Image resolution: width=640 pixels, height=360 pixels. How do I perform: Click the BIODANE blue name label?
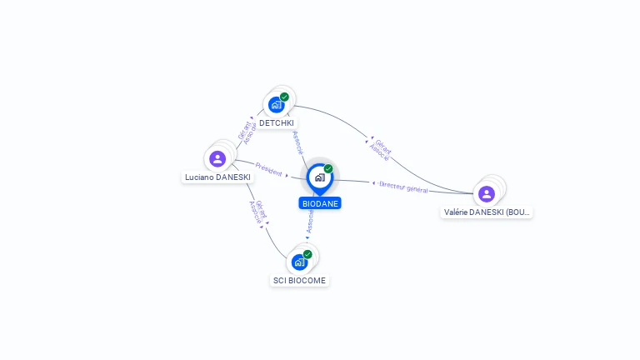[320, 203]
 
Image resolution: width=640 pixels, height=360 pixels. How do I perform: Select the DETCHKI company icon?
[276, 105]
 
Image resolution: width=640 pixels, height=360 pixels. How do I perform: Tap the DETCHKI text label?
[276, 123]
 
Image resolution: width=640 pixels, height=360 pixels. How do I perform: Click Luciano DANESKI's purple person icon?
[217, 158]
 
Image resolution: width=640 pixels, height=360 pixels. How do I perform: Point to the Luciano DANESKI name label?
[217, 177]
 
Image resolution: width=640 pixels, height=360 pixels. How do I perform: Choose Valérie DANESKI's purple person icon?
[487, 194]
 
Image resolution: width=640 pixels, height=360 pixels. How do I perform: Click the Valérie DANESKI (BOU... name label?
[487, 212]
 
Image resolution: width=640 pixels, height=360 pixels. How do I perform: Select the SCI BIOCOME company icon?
[299, 262]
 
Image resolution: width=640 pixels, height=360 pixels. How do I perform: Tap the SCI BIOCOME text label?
[300, 281]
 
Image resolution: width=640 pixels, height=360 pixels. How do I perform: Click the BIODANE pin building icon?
[319, 177]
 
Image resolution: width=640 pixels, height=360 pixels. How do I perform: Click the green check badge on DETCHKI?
[284, 97]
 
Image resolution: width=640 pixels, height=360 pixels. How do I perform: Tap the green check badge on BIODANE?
[328, 169]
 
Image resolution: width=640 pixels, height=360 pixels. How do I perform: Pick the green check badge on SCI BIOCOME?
[307, 254]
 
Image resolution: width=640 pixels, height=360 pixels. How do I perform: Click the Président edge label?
[268, 170]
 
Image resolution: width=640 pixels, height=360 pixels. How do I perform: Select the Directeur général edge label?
[403, 187]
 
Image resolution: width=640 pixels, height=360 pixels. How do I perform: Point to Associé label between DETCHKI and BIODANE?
[297, 142]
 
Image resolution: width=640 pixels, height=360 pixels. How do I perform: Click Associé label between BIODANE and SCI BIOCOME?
[310, 221]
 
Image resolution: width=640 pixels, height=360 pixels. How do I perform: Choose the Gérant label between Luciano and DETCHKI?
[243, 130]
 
